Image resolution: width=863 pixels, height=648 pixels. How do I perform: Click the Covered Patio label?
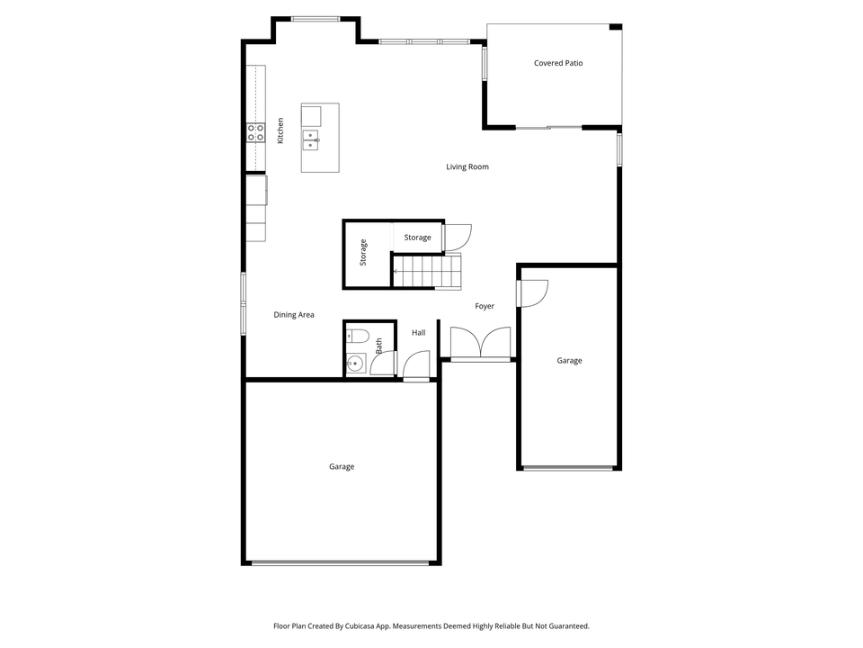point(558,63)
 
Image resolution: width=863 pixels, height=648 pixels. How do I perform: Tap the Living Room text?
point(467,166)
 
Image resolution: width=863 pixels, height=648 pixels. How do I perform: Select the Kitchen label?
point(280,130)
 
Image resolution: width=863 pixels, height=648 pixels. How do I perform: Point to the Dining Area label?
point(294,315)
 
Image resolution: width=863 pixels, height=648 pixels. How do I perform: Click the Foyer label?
point(485,306)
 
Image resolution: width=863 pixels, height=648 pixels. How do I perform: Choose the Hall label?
point(419,333)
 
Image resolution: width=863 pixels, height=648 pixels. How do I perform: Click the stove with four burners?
point(256,133)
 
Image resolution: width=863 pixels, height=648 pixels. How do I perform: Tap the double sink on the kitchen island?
point(311,139)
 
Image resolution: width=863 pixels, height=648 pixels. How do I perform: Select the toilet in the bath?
point(357,337)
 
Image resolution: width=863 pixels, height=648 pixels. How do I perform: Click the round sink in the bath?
point(356,364)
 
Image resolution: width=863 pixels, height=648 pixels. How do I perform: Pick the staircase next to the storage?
point(428,270)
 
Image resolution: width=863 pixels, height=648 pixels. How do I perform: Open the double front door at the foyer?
point(481,345)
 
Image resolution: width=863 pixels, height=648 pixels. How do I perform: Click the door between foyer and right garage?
point(532,293)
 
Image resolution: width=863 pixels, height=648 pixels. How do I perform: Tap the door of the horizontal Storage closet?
point(457,238)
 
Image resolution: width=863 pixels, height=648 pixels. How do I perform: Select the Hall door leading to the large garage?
point(416,365)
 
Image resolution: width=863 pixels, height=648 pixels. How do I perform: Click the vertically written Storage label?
point(363,252)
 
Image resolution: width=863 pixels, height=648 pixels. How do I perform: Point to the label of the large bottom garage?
point(342,466)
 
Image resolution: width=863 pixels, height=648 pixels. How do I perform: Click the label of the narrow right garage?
point(569,360)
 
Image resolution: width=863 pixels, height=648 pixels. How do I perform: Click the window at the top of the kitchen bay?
point(316,18)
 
